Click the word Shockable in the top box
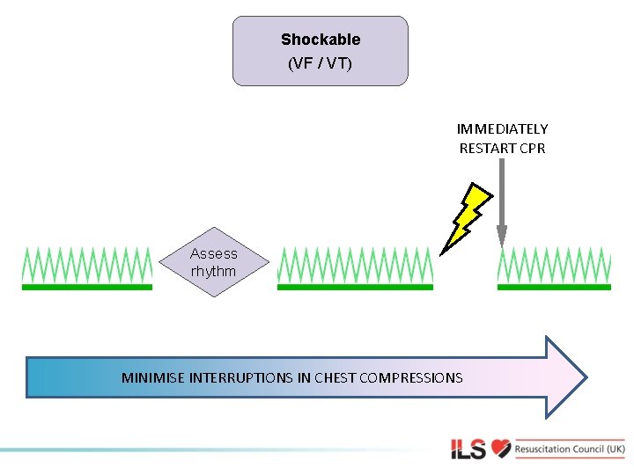[x=321, y=40]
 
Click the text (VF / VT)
[x=321, y=63]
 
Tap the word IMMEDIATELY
[x=502, y=129]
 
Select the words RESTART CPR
[x=502, y=149]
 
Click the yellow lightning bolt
[x=465, y=216]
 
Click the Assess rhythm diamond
[x=214, y=262]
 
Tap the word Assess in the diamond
[x=214, y=253]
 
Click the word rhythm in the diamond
[x=214, y=272]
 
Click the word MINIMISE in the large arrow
[x=152, y=378]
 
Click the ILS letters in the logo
[x=468, y=449]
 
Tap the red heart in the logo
[x=501, y=449]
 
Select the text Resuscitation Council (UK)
[x=570, y=449]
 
